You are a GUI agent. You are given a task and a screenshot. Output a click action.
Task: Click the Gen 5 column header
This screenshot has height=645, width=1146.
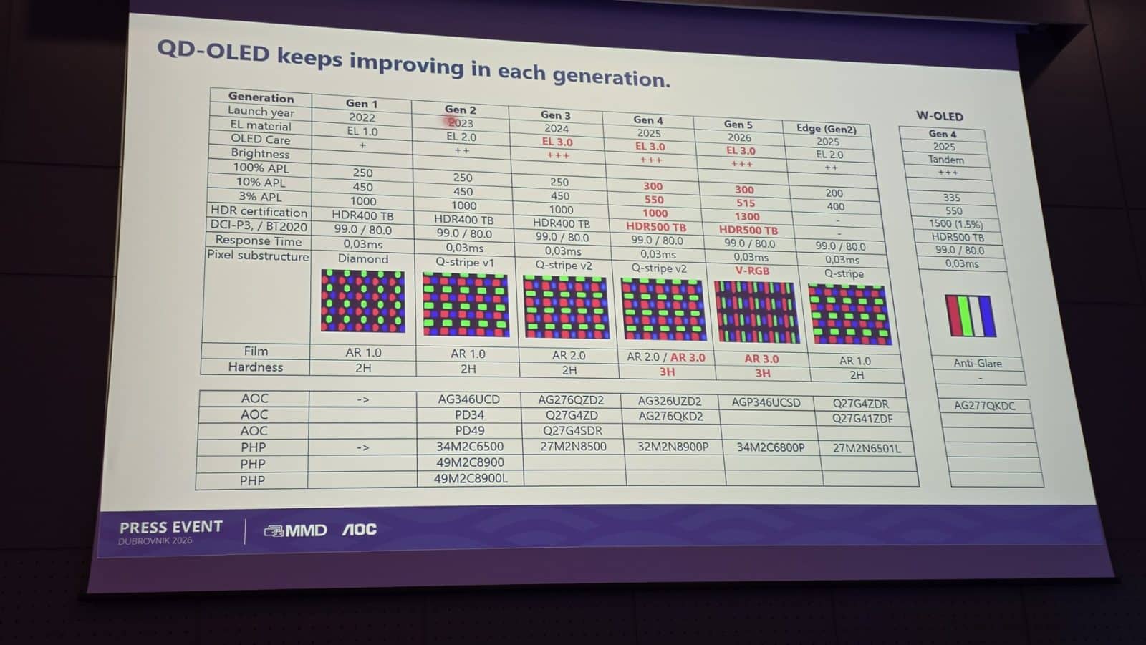[738, 125]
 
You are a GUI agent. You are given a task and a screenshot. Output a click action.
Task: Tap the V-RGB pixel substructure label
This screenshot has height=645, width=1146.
[752, 271]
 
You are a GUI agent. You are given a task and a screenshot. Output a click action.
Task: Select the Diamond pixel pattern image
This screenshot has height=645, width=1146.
[362, 301]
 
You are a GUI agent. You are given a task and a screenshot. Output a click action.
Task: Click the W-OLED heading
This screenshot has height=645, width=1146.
[939, 116]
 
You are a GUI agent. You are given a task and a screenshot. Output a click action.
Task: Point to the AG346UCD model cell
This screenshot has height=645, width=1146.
[468, 399]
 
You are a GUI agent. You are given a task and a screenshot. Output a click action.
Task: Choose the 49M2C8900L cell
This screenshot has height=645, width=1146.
[470, 478]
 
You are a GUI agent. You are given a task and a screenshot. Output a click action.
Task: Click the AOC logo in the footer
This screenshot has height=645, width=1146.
[359, 530]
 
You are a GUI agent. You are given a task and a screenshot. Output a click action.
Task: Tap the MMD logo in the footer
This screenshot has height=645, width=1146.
[296, 530]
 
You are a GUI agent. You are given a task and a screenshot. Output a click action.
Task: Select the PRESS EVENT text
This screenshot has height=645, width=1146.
[170, 527]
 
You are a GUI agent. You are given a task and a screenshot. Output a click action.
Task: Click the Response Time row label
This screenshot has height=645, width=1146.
[258, 241]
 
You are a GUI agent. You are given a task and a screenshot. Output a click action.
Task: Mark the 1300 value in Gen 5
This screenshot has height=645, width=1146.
[746, 216]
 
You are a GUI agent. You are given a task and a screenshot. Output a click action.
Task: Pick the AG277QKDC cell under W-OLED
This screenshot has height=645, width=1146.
[984, 405]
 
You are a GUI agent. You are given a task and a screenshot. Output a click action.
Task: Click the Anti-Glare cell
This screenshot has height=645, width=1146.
[977, 363]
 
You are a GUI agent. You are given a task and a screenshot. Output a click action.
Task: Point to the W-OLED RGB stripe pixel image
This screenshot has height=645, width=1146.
[970, 316]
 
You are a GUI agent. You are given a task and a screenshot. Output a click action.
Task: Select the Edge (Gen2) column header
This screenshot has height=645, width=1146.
[826, 129]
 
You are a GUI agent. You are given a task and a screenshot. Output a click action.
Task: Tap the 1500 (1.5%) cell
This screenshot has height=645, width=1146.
[955, 224]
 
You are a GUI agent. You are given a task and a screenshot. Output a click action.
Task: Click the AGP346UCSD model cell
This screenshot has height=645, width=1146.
[766, 402]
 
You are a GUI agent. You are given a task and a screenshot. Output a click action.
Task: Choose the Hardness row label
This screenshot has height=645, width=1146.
[255, 367]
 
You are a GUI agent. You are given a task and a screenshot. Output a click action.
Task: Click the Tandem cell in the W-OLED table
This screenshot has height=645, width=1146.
[945, 160]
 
